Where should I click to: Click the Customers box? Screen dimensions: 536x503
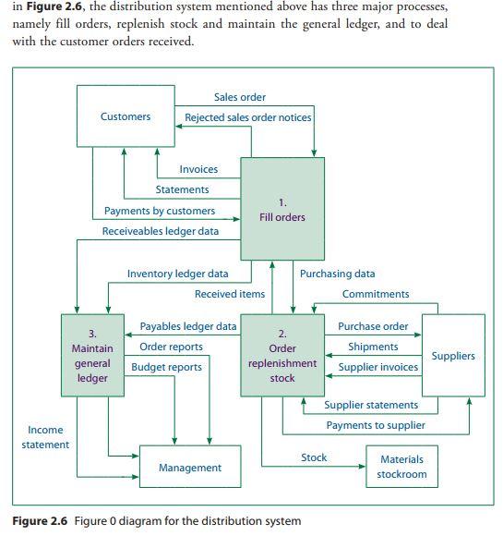tap(125, 116)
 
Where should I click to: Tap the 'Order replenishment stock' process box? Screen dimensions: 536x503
tap(282, 356)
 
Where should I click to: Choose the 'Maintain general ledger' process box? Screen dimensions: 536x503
tap(92, 356)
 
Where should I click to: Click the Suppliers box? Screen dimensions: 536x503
tap(453, 356)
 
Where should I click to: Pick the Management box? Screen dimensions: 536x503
tap(190, 468)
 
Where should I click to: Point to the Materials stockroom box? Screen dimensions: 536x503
tap(402, 467)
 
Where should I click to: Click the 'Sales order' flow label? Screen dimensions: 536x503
tap(240, 97)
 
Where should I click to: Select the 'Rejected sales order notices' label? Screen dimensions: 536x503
tap(248, 117)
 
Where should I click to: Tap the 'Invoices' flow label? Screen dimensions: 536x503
tap(198, 169)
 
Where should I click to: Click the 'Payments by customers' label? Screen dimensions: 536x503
tap(160, 211)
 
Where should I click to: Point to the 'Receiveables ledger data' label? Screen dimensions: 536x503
tap(161, 231)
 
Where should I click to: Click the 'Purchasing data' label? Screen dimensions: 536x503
tap(337, 274)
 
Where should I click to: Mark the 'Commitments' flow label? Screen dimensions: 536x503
tap(376, 294)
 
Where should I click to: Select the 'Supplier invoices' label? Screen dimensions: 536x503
tap(378, 367)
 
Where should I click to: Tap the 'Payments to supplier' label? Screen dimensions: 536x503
tap(376, 425)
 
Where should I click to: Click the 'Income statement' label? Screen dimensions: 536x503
tap(45, 437)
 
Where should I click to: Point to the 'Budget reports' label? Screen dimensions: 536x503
tap(166, 367)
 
